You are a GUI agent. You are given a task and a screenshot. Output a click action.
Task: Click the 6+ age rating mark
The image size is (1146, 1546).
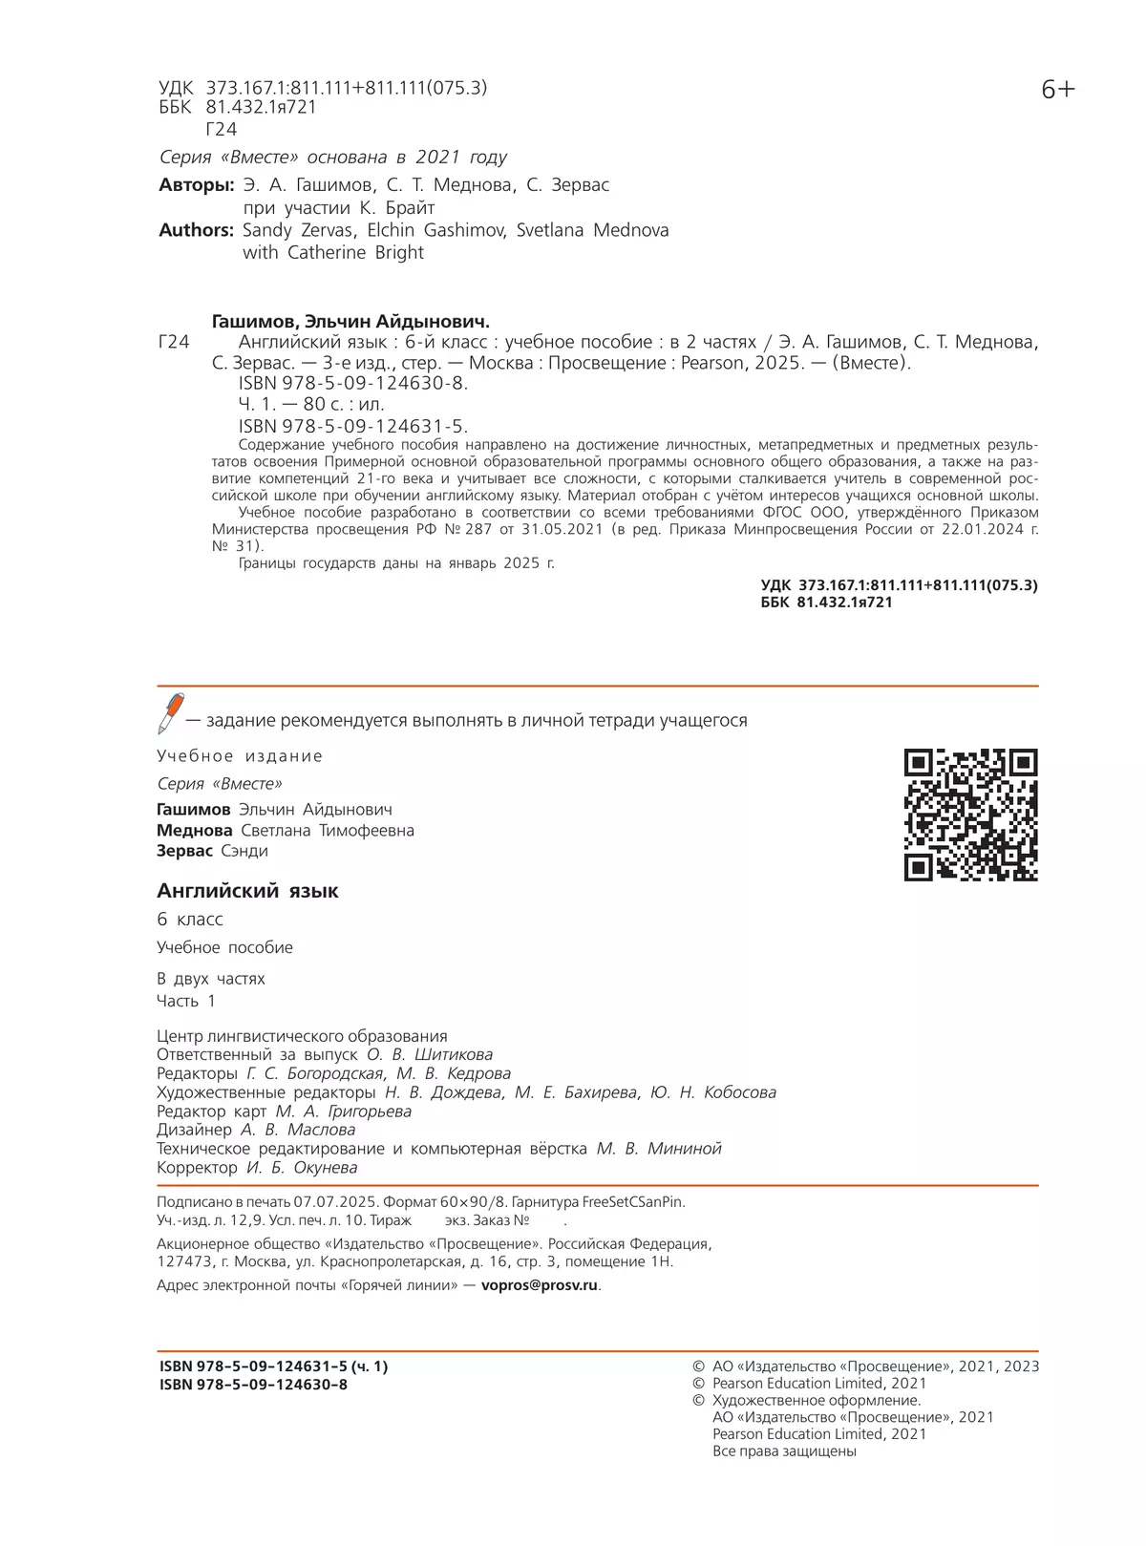pyautogui.click(x=1057, y=90)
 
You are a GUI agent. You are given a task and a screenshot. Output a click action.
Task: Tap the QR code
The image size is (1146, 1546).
pyautogui.click(x=970, y=815)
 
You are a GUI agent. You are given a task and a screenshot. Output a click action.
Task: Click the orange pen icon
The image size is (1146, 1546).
pyautogui.click(x=171, y=713)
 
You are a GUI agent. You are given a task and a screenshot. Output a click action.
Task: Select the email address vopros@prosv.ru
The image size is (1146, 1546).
pyautogui.click(x=540, y=1285)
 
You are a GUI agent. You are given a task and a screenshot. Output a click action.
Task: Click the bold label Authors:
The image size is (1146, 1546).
pyautogui.click(x=196, y=230)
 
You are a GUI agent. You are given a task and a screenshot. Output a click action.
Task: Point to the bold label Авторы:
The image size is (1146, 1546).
pyautogui.click(x=196, y=185)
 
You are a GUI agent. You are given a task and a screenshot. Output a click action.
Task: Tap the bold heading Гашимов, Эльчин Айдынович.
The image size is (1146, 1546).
pyautogui.click(x=350, y=322)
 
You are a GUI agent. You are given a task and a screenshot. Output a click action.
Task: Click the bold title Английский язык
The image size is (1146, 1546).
pyautogui.click(x=247, y=891)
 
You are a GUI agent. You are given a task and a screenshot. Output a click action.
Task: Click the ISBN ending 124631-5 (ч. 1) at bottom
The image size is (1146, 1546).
pyautogui.click(x=273, y=1366)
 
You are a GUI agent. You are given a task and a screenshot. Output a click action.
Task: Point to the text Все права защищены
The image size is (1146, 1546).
pyautogui.click(x=784, y=1451)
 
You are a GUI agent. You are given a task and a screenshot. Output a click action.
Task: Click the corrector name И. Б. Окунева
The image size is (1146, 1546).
pyautogui.click(x=302, y=1168)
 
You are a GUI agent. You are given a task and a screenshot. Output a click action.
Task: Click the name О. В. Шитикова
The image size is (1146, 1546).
pyautogui.click(x=430, y=1055)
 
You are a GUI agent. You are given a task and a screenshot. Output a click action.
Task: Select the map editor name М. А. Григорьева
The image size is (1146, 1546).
pyautogui.click(x=344, y=1112)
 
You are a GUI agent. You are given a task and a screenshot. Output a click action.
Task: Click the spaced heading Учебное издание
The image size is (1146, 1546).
pyautogui.click(x=240, y=756)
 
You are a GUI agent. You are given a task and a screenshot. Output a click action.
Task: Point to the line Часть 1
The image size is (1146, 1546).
pyautogui.click(x=186, y=1001)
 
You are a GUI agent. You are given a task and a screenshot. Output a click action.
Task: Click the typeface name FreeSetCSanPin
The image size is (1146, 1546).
pyautogui.click(x=632, y=1202)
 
